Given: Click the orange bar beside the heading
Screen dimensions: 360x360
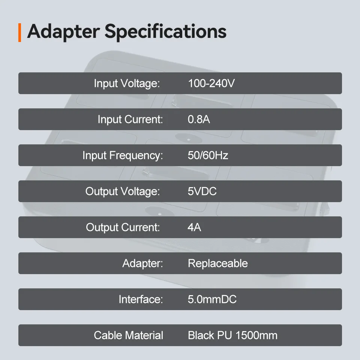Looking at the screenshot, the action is [20, 33].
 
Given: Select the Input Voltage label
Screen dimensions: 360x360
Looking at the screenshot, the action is [127, 84].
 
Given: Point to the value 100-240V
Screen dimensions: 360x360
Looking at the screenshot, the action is [211, 83].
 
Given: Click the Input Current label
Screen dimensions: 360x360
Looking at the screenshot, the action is [130, 119].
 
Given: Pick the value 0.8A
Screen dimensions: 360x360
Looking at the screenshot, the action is [199, 119].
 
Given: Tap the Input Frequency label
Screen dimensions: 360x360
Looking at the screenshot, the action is [123, 156].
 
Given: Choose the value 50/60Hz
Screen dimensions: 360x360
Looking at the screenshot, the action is [208, 155].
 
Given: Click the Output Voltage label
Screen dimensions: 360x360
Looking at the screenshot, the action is [122, 192].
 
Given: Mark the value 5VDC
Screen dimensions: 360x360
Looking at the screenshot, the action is [202, 191].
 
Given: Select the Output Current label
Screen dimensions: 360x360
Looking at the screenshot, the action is [123, 227].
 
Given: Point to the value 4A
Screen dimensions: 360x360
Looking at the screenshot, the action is [194, 227].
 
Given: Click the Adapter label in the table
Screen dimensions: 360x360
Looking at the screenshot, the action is [142, 263].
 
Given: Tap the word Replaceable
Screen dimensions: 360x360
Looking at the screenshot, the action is [218, 263].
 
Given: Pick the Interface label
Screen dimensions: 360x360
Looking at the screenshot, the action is [141, 299].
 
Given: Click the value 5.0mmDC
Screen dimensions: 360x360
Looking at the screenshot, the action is [212, 299].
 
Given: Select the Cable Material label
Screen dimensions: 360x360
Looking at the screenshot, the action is [129, 335].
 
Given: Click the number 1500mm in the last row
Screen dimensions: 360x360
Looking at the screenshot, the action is [256, 335].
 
